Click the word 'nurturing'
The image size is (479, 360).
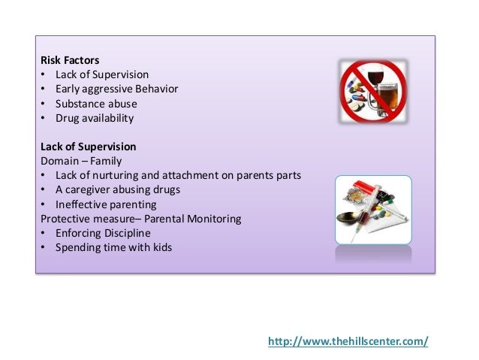click(x=113, y=175)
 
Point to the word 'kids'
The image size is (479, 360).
click(x=161, y=247)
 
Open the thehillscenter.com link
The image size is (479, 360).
click(x=348, y=340)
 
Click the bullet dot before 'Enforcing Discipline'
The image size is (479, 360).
click(x=44, y=233)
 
